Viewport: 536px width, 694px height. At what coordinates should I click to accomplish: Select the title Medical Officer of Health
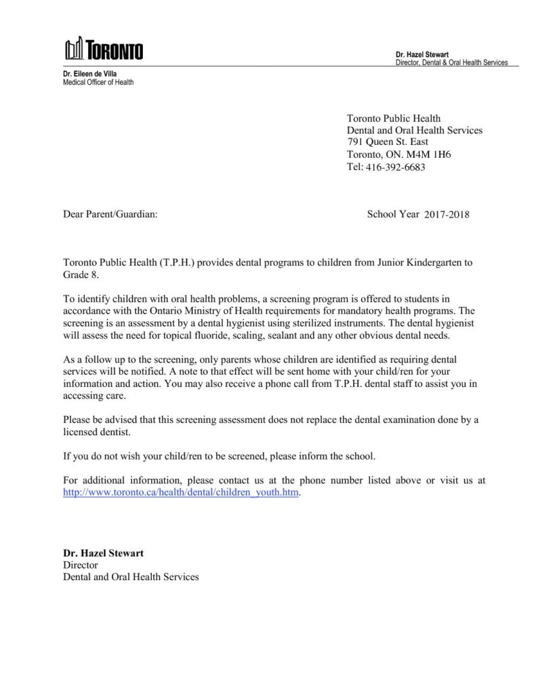tap(98, 82)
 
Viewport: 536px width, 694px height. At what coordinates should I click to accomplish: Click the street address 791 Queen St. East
tap(387, 142)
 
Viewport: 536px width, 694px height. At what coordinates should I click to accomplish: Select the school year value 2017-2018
tap(447, 215)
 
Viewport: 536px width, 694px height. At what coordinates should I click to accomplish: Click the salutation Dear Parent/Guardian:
tap(110, 214)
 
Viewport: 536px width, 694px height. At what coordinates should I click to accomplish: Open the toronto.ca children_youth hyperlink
tap(180, 493)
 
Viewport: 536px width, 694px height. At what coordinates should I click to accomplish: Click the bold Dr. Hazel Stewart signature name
tap(103, 553)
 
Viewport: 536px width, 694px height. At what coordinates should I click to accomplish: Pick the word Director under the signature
tap(81, 565)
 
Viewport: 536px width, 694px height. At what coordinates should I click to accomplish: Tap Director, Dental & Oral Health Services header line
tap(451, 62)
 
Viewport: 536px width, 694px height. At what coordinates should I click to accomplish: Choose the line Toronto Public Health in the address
tap(393, 119)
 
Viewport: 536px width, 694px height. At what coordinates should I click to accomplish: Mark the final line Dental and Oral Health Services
tap(131, 577)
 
